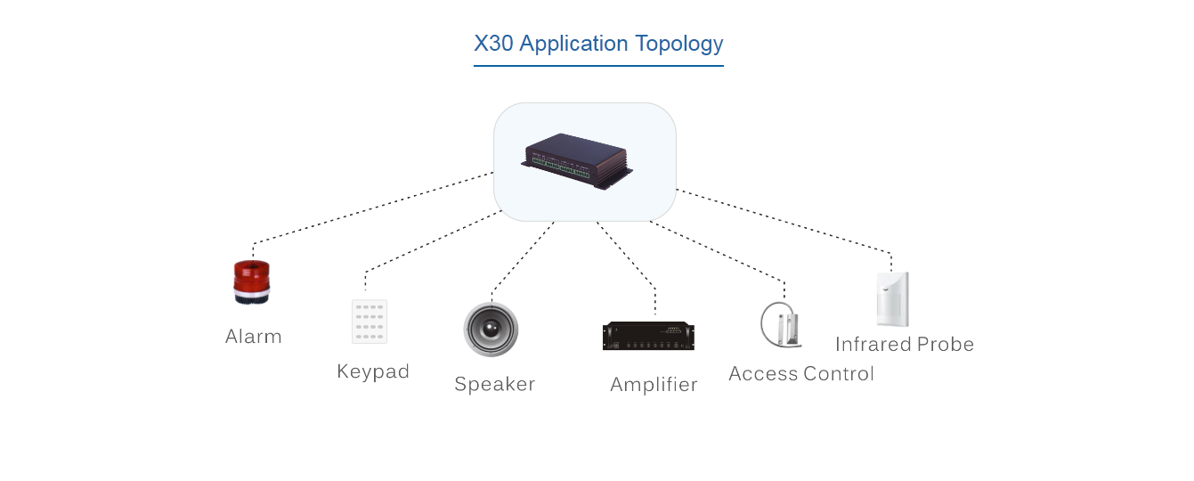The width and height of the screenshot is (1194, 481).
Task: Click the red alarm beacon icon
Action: (251, 282)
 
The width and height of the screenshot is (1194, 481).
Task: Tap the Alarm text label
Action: (254, 337)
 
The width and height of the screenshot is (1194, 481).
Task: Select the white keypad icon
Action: (370, 321)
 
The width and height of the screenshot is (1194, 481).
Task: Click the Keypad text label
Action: (373, 371)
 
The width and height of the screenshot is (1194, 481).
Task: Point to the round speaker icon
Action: (490, 330)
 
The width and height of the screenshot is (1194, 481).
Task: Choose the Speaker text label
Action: (494, 384)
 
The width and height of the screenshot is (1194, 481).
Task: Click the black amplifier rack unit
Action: (648, 337)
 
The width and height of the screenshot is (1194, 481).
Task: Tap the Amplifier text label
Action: (654, 385)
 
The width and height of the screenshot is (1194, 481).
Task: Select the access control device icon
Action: (781, 325)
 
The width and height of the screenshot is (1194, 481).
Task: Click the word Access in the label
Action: (762, 374)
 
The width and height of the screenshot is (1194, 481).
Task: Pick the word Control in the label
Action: (838, 374)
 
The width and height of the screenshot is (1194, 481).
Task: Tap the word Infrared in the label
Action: (873, 345)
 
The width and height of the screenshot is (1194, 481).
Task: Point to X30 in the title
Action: (493, 44)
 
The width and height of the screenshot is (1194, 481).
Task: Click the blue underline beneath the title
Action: (598, 65)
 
